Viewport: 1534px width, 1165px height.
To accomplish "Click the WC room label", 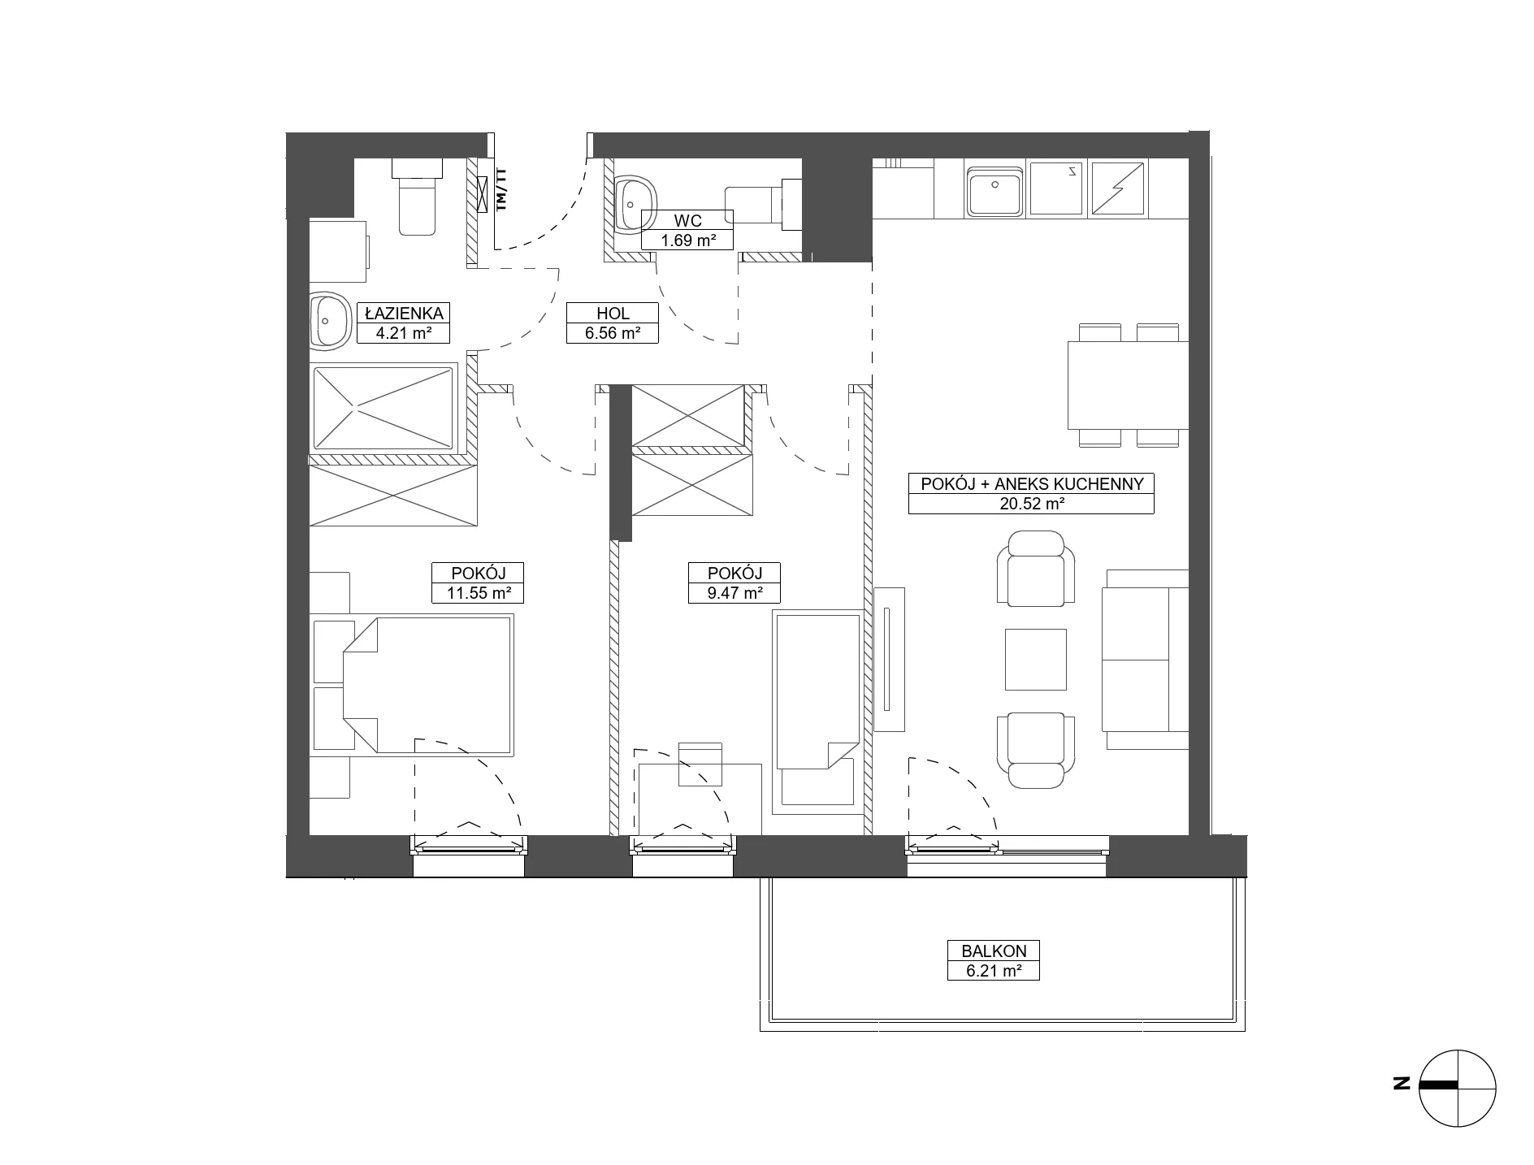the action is (x=687, y=220).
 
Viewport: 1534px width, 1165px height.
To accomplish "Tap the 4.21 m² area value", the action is (x=403, y=332).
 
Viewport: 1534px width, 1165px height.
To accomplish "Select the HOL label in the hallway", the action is (x=613, y=313).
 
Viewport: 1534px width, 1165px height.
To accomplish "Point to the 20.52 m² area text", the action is (x=1031, y=504).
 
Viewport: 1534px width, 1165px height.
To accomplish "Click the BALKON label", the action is (x=993, y=951).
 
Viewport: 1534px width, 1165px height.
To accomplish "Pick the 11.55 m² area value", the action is (x=478, y=593).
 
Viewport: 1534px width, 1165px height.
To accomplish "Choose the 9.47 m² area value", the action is (x=734, y=593).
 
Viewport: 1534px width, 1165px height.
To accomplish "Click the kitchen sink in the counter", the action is (x=994, y=188).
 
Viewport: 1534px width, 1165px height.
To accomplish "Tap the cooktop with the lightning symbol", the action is (x=1118, y=188).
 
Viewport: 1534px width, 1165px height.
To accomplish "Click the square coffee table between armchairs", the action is (x=1035, y=659).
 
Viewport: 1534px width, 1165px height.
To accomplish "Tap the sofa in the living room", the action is (x=1145, y=660).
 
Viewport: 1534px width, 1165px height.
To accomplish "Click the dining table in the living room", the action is (x=1128, y=385).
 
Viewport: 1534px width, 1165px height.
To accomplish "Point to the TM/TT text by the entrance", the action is (x=501, y=189).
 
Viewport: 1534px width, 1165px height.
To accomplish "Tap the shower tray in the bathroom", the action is (x=383, y=408).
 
